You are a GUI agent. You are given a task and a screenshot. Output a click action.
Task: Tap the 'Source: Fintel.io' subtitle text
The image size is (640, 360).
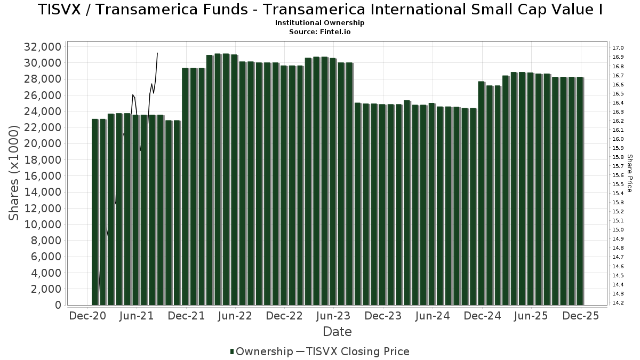point(319,32)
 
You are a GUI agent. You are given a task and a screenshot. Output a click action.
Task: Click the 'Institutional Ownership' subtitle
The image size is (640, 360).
point(319,23)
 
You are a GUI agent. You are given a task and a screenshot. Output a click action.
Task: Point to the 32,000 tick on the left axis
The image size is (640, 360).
point(43,47)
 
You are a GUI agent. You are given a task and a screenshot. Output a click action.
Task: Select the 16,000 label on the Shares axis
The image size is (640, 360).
point(43,176)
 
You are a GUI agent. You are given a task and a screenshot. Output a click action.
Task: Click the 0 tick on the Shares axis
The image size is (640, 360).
point(57,305)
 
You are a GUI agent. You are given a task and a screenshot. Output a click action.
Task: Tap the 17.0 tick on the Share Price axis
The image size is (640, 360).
point(618,48)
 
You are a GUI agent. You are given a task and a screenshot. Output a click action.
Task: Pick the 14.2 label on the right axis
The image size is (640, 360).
point(618,303)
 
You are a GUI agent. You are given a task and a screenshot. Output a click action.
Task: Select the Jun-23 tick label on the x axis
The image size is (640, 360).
point(334,316)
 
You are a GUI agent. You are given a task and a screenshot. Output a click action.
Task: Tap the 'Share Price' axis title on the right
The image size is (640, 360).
point(630,173)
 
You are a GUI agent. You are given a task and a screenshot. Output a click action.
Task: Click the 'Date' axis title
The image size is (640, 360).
point(337,332)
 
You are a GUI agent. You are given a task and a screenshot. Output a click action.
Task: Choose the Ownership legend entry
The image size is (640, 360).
point(261,351)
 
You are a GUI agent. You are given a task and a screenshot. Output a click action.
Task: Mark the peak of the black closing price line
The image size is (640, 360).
point(157,53)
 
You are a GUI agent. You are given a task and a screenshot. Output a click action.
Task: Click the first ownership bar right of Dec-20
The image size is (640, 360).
point(95,213)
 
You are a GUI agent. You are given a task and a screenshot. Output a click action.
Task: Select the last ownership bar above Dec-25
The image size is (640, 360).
point(580,192)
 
